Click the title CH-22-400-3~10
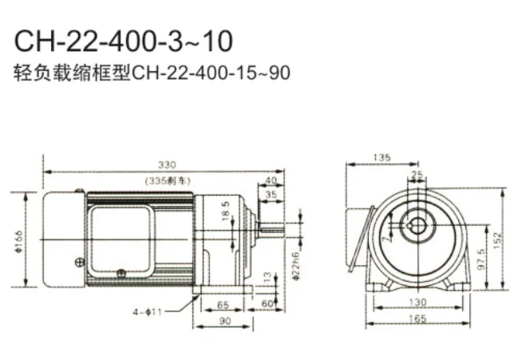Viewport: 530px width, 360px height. pos(125,39)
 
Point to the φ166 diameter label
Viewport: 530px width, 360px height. pos(18,240)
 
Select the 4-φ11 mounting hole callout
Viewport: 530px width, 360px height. pos(148,312)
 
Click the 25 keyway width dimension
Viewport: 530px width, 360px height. pos(415,173)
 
